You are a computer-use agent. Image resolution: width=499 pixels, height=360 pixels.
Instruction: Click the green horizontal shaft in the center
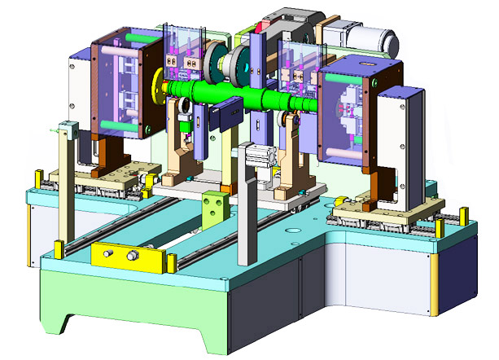(x=244, y=96)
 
